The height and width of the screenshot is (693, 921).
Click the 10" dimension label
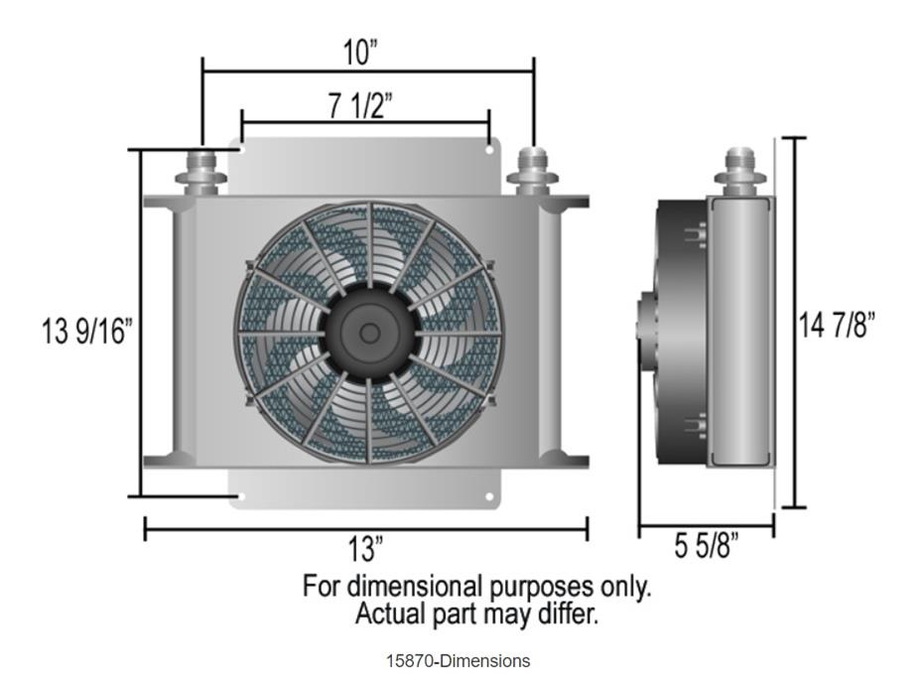coord(361,53)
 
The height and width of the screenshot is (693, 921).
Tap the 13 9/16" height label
coord(86,331)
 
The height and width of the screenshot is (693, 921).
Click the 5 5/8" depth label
coord(707,546)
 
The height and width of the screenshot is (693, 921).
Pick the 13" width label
coord(365,547)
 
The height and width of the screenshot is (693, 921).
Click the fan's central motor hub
coord(369,333)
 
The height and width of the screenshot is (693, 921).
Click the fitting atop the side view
coord(739,169)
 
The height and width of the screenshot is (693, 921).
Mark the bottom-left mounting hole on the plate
coord(236,493)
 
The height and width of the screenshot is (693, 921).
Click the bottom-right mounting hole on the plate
coord(490,495)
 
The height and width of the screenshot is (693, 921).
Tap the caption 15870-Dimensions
coord(459,661)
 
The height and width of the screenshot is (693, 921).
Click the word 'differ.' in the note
coord(569,614)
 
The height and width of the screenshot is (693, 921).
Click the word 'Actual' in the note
coord(390,614)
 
